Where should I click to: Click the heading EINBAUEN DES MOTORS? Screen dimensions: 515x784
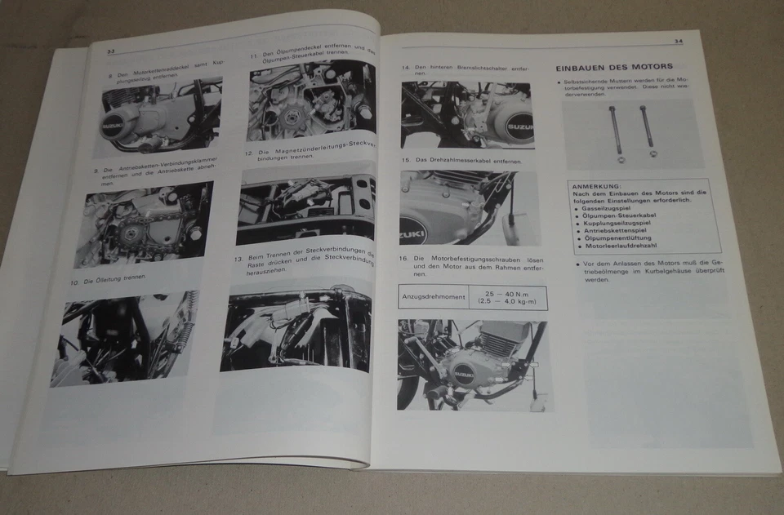coord(613,67)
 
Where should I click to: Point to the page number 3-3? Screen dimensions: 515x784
coord(110,51)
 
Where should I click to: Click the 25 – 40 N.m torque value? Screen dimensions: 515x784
coord(506,293)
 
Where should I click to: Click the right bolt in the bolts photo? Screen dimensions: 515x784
coord(648,131)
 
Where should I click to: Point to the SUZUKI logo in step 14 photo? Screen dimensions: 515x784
coord(518,128)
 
